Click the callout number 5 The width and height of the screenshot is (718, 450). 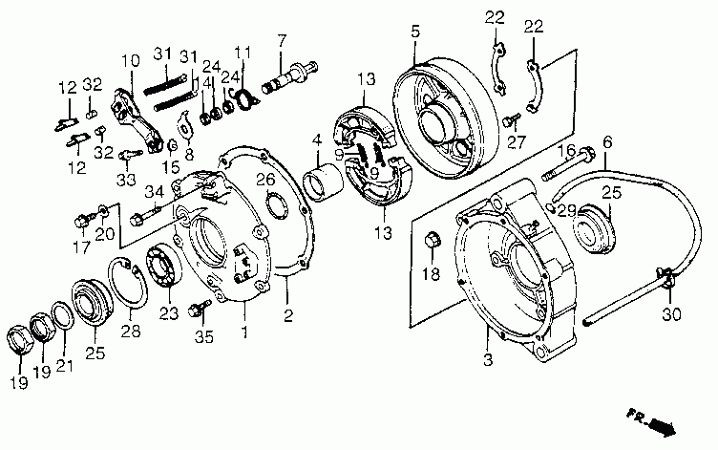[415, 32]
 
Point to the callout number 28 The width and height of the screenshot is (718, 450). [130, 332]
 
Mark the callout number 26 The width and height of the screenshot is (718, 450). [268, 179]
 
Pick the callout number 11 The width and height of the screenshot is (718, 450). [243, 52]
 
